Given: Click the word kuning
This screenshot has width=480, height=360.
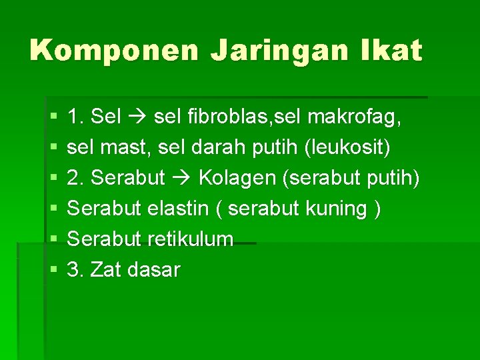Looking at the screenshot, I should tap(335, 209).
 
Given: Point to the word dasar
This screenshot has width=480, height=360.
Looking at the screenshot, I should tap(155, 270).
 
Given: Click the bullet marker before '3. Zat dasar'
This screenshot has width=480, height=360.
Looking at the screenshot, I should tap(54, 270).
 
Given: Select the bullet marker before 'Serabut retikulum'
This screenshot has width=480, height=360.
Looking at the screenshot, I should tap(54, 239).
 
